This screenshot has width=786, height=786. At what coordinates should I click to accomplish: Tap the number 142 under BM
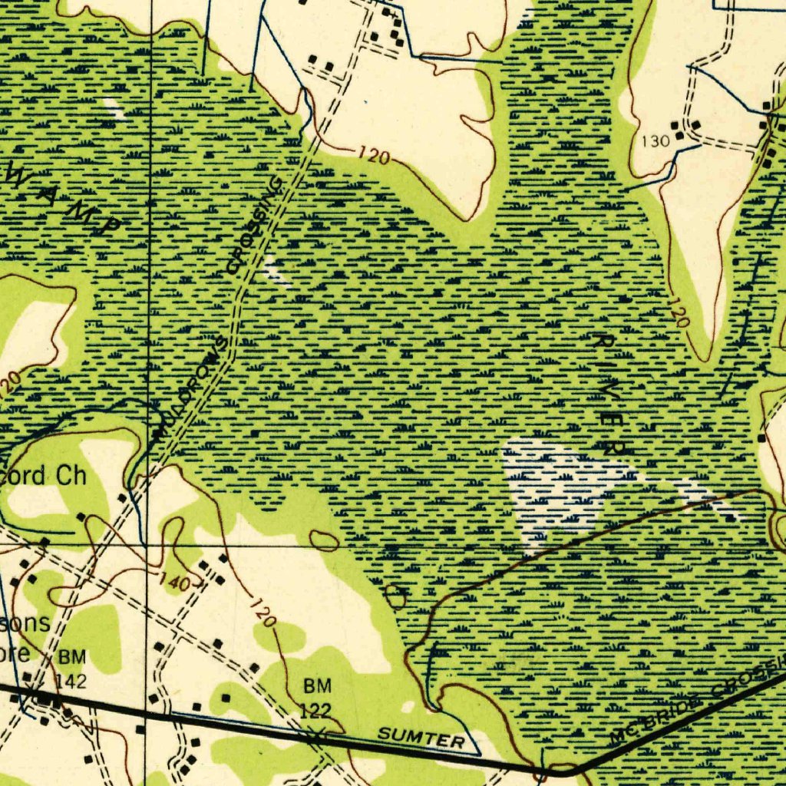(71, 681)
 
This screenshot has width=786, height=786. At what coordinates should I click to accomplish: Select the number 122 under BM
(315, 710)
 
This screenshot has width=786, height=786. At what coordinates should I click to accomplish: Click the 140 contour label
(175, 583)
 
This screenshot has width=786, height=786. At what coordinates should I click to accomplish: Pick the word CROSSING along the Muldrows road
(256, 225)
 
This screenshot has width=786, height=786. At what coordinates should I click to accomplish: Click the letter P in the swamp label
(111, 224)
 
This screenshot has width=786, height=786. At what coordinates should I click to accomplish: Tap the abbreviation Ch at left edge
(72, 475)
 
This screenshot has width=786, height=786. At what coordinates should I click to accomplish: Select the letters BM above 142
(73, 658)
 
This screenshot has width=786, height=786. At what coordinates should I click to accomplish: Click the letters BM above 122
(317, 685)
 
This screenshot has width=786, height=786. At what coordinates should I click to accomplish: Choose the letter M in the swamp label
(82, 210)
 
